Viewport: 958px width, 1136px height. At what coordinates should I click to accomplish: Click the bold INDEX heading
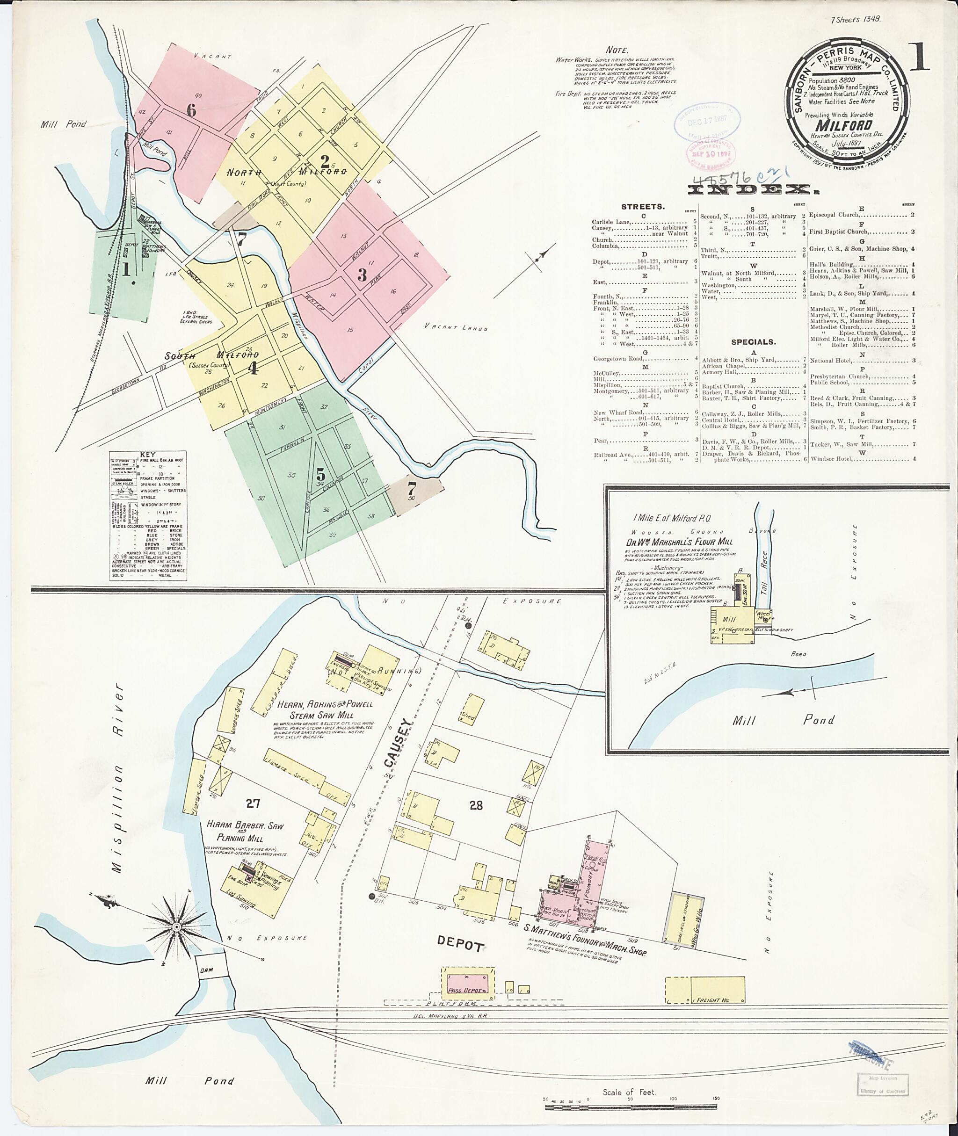(753, 189)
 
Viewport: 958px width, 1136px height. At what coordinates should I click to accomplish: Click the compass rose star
(176, 926)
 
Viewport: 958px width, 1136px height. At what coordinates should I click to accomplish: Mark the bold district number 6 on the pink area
(191, 110)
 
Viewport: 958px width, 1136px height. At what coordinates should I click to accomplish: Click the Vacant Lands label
(456, 328)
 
